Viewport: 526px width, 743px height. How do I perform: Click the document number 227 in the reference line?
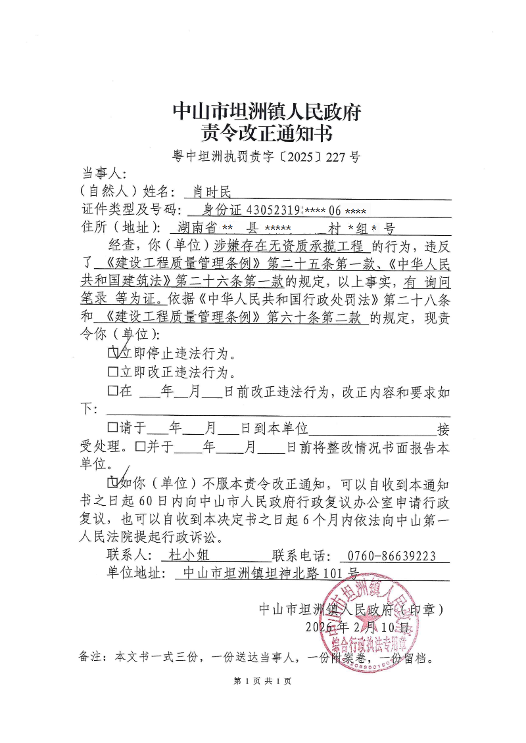335,158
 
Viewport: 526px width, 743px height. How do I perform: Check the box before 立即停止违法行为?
113,353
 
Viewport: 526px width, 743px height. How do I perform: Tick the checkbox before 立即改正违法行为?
113,372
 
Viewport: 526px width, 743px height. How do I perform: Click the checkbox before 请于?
113,428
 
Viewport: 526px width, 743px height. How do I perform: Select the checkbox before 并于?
139,447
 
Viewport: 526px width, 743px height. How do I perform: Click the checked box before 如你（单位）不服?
113,484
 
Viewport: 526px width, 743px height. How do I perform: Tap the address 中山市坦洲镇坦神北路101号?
270,574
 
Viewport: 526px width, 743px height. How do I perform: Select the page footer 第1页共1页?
262,681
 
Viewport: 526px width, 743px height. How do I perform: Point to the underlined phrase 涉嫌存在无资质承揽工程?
289,247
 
